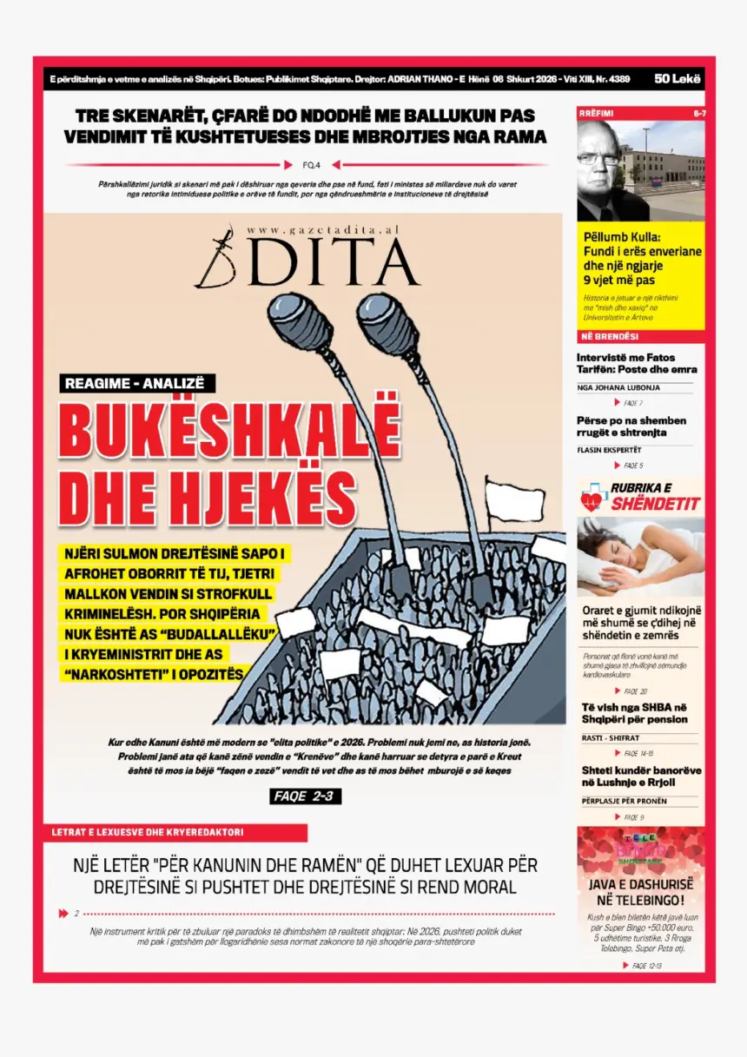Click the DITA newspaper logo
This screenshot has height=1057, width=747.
[x=308, y=261]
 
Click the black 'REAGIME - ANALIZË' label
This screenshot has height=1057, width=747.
[x=138, y=383]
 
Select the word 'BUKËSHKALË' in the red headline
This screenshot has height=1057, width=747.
[x=229, y=432]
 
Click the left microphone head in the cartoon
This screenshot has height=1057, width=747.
[x=300, y=320]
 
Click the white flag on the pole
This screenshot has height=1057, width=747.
[x=513, y=501]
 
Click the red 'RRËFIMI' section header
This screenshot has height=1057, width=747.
[x=597, y=114]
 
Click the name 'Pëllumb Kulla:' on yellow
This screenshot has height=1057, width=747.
[x=622, y=237]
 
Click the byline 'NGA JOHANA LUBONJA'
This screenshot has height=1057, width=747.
[x=618, y=387]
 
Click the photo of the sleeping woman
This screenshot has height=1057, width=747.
[x=640, y=556]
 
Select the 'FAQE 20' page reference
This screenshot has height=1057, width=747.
[x=634, y=691]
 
